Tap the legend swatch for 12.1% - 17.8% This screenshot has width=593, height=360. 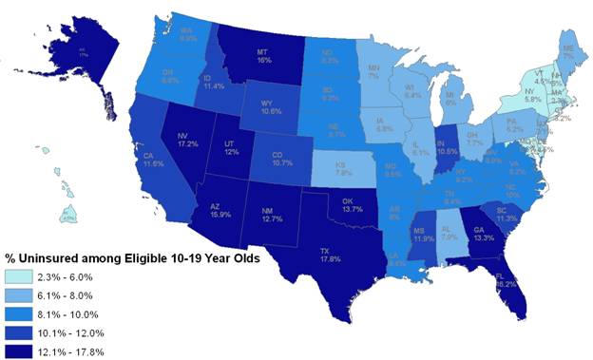24,351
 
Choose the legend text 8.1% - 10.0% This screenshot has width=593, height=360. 83,313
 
